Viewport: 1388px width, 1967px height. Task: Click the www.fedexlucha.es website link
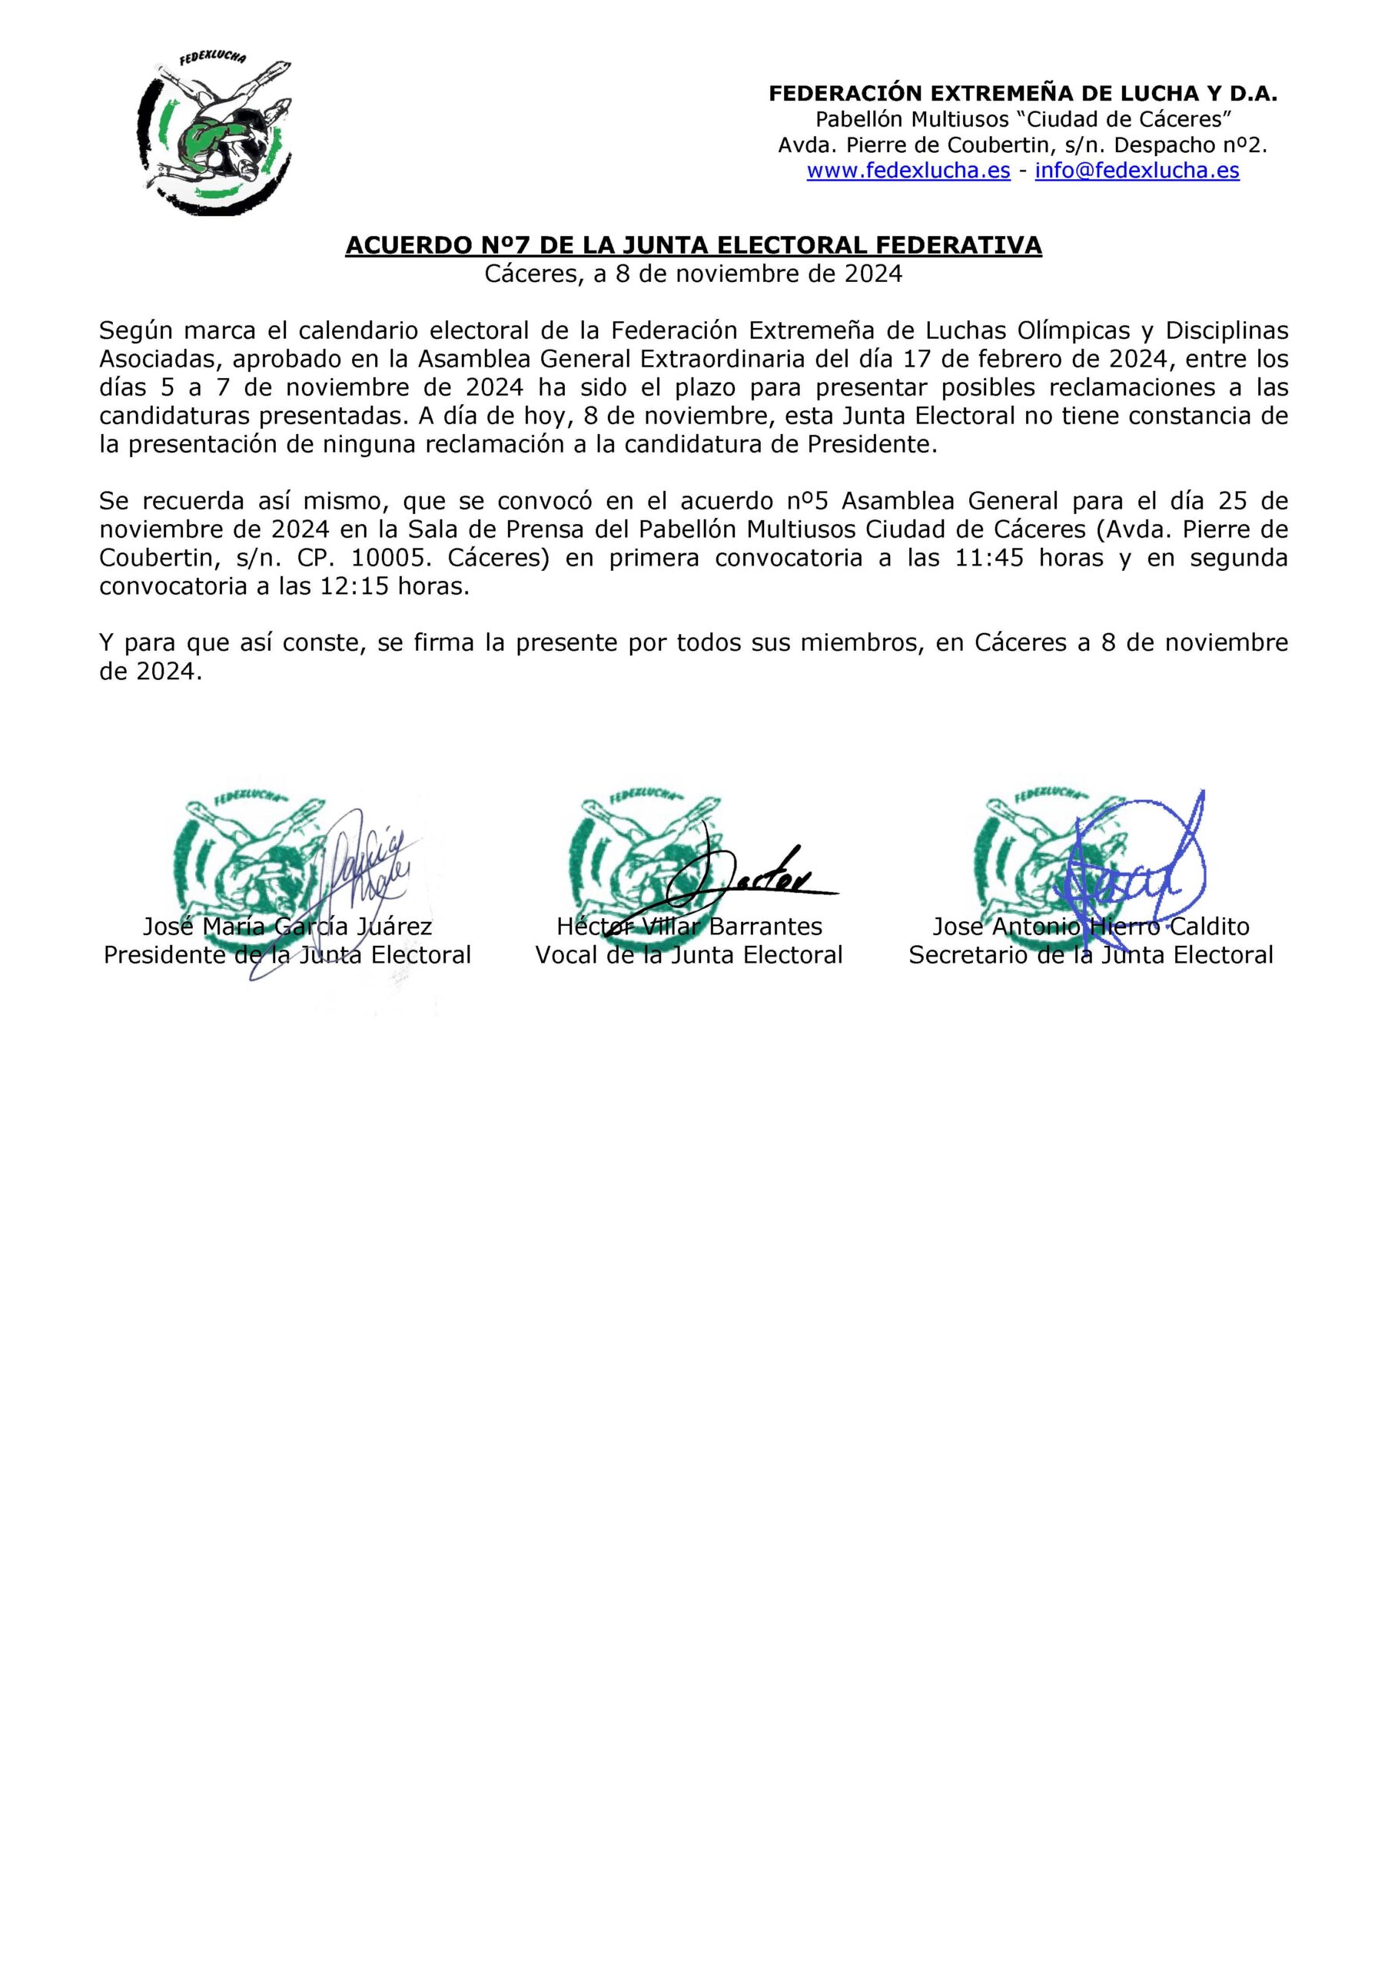pos(908,171)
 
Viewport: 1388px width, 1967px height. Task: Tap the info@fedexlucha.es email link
pos(1137,171)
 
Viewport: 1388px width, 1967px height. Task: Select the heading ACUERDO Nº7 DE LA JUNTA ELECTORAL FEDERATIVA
pos(693,246)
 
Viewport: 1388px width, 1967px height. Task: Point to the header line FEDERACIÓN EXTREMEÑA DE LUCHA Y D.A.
pos(1022,95)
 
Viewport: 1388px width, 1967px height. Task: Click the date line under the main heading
pos(693,274)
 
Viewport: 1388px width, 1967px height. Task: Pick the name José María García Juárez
pos(287,927)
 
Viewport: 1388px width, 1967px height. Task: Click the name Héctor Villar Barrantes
pos(689,927)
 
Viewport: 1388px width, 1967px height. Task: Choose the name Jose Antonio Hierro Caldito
pos(1091,927)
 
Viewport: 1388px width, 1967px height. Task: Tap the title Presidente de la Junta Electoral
pos(287,955)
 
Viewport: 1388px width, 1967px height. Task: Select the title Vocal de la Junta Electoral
pos(689,955)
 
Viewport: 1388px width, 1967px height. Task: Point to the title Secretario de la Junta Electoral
pos(1091,955)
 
